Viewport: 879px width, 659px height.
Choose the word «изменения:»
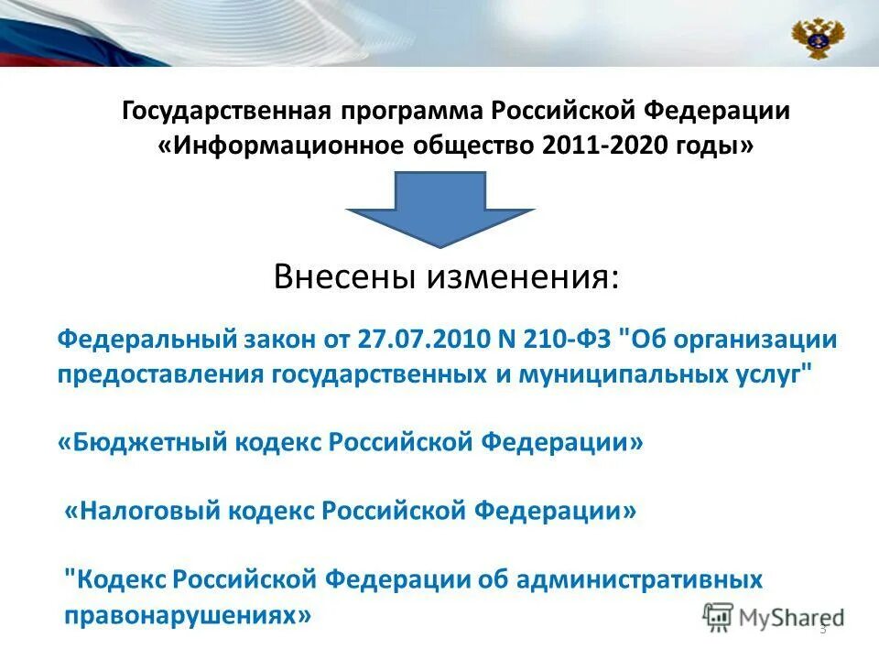tap(521, 277)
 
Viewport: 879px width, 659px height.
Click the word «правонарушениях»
tap(188, 615)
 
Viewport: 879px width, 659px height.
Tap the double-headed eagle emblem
tap(817, 38)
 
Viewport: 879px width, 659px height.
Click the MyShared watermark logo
tap(774, 617)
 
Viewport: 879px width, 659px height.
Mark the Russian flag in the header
tap(55, 37)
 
